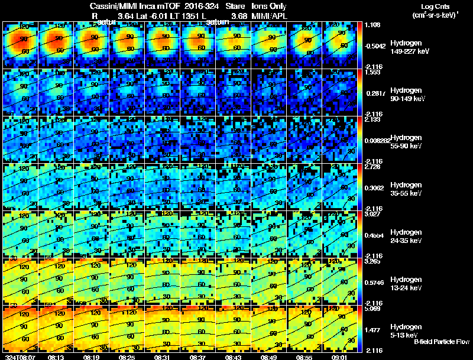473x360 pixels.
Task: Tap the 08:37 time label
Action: pyautogui.click(x=198, y=356)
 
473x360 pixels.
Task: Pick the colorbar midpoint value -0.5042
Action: pyautogui.click(x=376, y=44)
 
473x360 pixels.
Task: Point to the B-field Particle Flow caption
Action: pyautogui.click(x=441, y=342)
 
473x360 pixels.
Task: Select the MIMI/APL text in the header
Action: pyautogui.click(x=270, y=15)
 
